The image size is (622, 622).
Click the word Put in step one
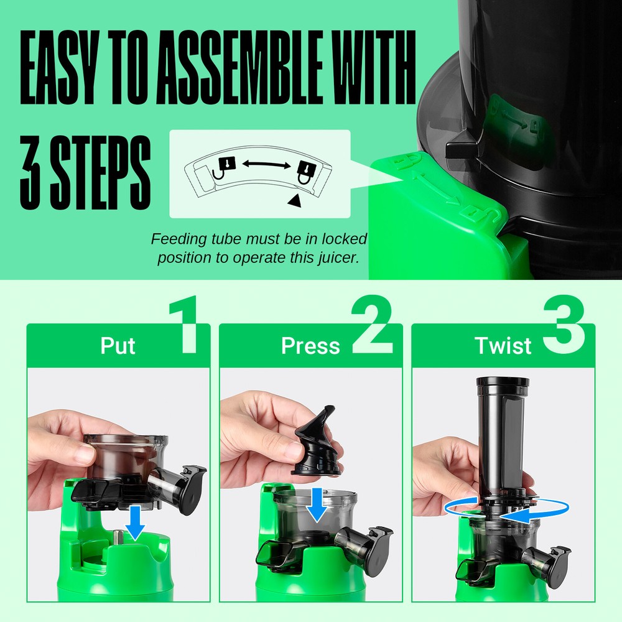point(118,346)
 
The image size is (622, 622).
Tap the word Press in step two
point(310,346)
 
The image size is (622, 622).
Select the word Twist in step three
point(503,346)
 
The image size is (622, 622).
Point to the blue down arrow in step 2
point(318,504)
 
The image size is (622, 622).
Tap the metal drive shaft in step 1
point(118,536)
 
